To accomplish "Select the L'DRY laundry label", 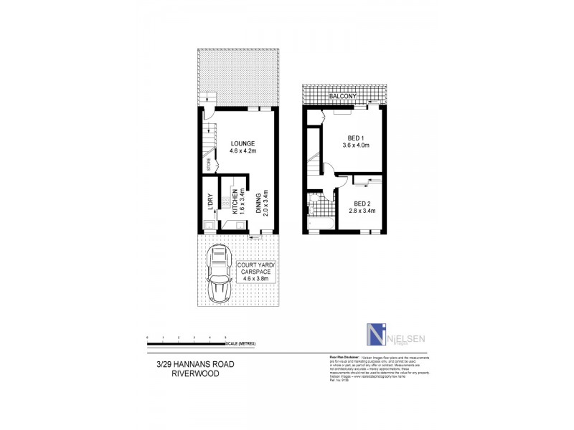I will (x=210, y=203).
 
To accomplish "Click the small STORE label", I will (x=209, y=165).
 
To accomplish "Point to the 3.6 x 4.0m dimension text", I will (x=358, y=145).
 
